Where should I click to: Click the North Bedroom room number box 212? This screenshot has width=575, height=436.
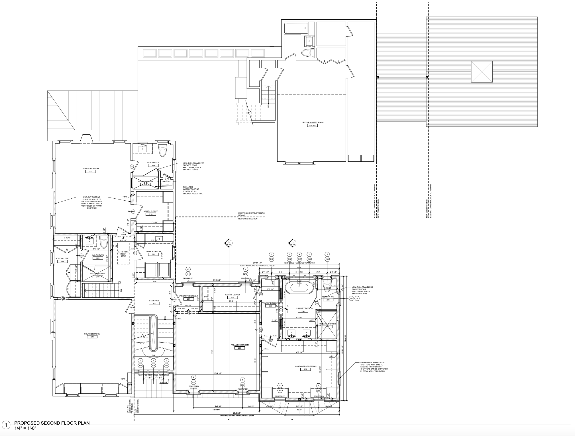click(91, 172)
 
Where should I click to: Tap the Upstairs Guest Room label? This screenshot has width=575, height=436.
click(313, 122)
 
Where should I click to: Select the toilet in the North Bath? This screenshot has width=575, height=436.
click(162, 150)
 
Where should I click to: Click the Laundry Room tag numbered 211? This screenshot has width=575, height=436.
click(153, 254)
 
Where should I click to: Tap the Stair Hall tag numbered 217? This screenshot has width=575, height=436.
click(154, 303)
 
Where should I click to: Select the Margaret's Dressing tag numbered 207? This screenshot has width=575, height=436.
click(305, 370)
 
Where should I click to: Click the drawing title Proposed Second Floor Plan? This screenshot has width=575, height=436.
click(52, 423)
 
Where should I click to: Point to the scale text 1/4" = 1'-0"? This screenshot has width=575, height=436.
click(26, 428)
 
